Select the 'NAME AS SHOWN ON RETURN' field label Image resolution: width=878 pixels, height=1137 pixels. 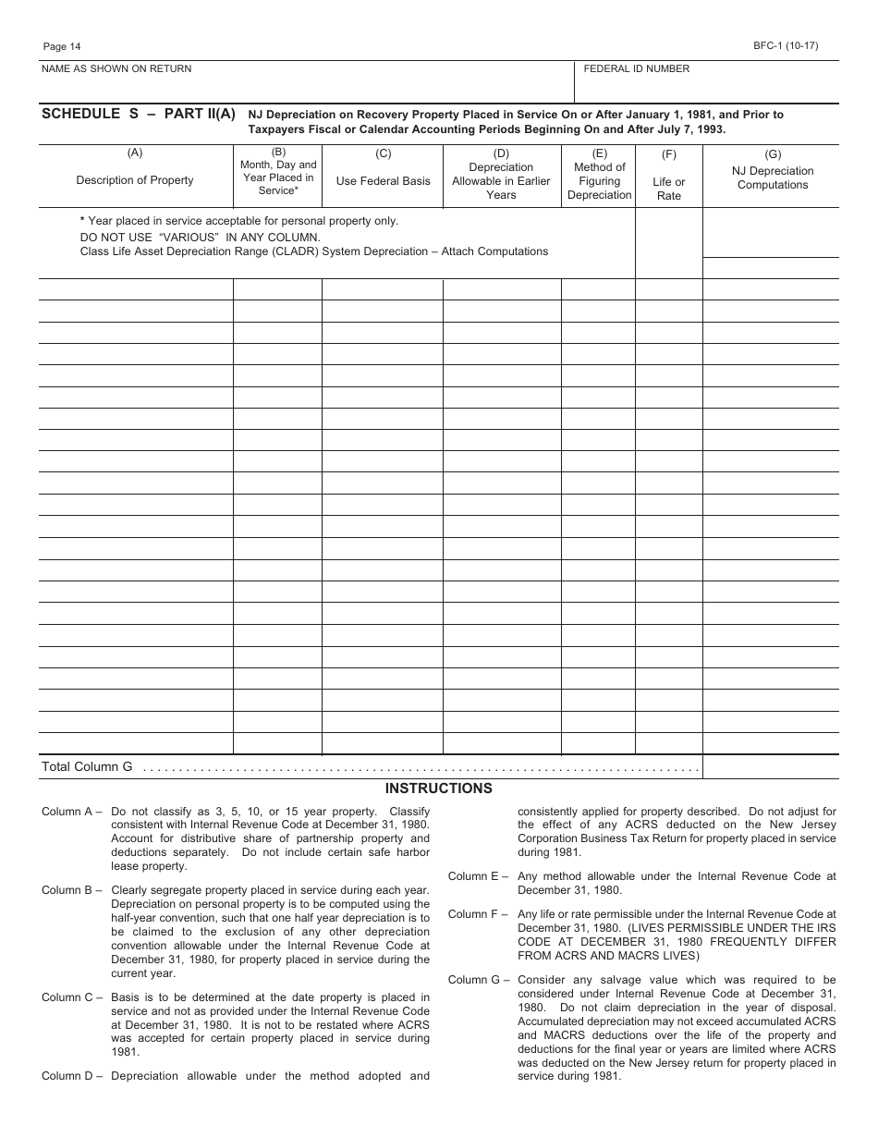(116, 69)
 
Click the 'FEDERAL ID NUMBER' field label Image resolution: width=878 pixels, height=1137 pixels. (636, 69)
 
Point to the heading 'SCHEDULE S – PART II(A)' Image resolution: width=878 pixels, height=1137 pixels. (139, 115)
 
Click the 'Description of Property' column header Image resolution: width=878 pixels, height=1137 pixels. (135, 180)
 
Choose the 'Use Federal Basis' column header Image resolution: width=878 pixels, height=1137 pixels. (383, 181)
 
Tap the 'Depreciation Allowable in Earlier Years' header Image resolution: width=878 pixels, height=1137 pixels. (501, 181)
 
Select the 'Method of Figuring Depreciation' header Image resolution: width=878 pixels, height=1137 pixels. (599, 181)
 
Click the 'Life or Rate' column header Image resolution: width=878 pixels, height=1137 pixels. (668, 189)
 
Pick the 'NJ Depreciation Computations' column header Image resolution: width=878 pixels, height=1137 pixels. (772, 177)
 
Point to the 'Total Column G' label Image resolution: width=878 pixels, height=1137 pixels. (87, 766)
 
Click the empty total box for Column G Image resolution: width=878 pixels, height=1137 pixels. (770, 766)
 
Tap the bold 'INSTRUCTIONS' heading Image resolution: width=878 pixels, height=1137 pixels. (438, 789)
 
